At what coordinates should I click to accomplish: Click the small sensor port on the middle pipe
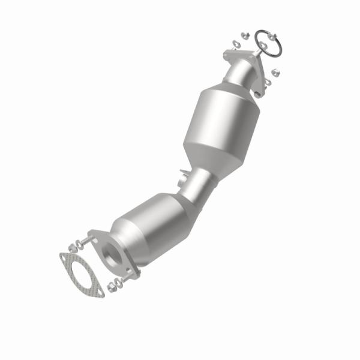(183, 179)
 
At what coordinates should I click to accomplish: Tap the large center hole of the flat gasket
(80, 273)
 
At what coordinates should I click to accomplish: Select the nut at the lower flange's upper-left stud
(73, 247)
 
